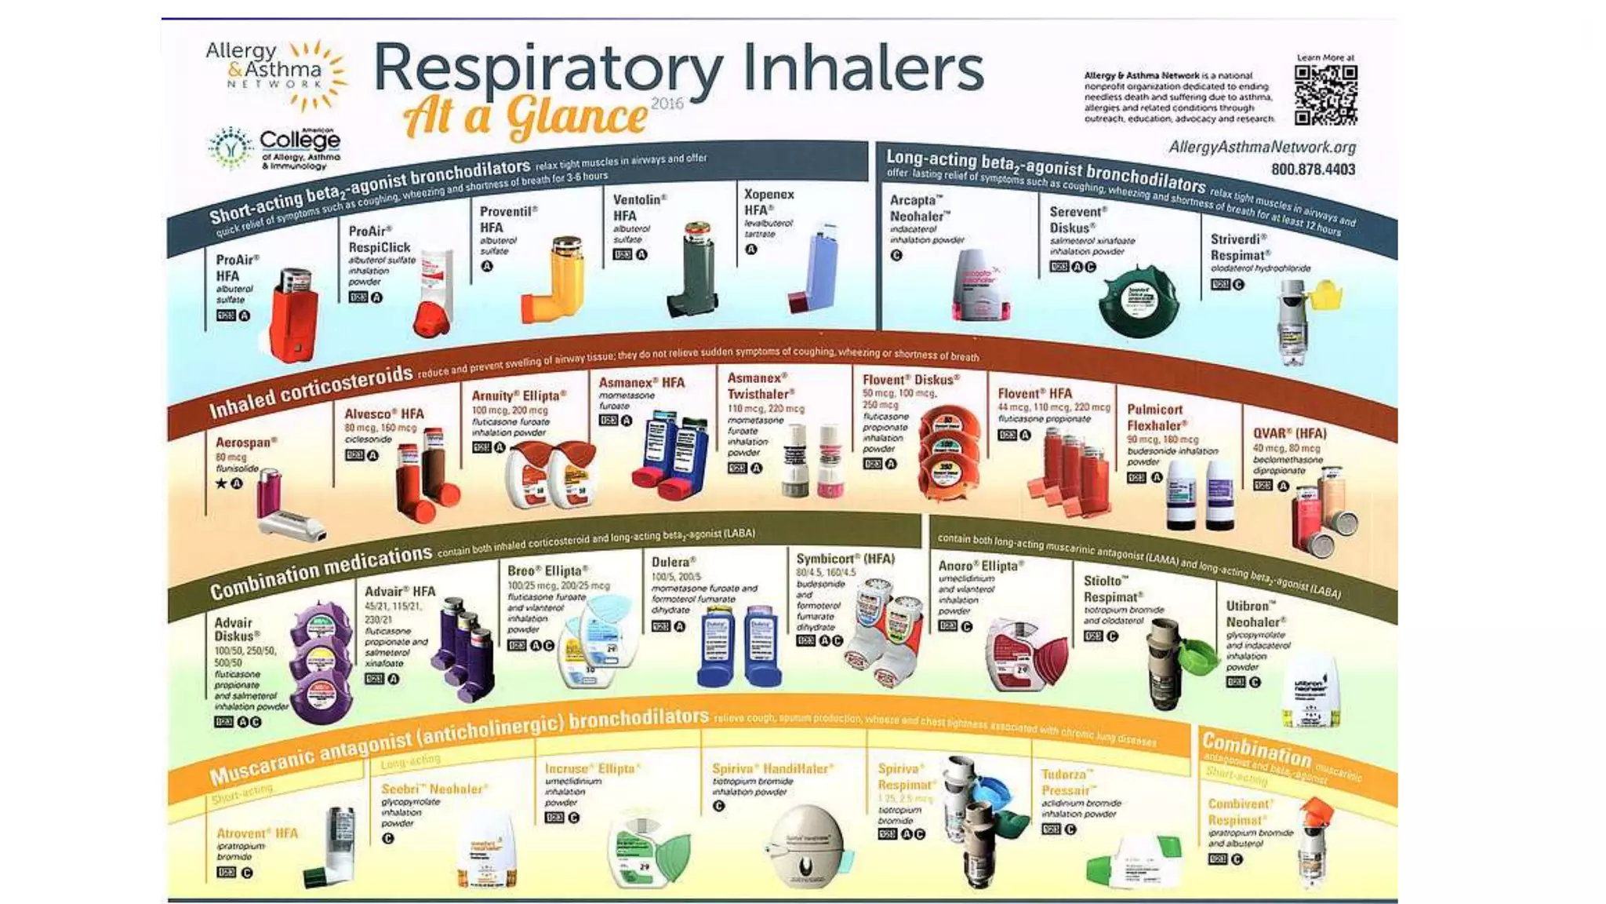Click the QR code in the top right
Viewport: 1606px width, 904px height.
click(1325, 95)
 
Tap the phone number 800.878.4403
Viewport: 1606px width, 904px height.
click(1313, 169)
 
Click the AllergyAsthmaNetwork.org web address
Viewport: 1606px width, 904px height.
click(1262, 147)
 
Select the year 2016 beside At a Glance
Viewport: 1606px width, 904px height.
click(667, 104)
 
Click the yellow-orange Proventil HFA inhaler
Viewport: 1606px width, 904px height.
click(555, 281)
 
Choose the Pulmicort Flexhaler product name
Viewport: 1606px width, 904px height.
click(1157, 417)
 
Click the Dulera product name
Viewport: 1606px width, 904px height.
click(674, 563)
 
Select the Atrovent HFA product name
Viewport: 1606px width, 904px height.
click(257, 833)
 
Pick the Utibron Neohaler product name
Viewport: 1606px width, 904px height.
click(1255, 614)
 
